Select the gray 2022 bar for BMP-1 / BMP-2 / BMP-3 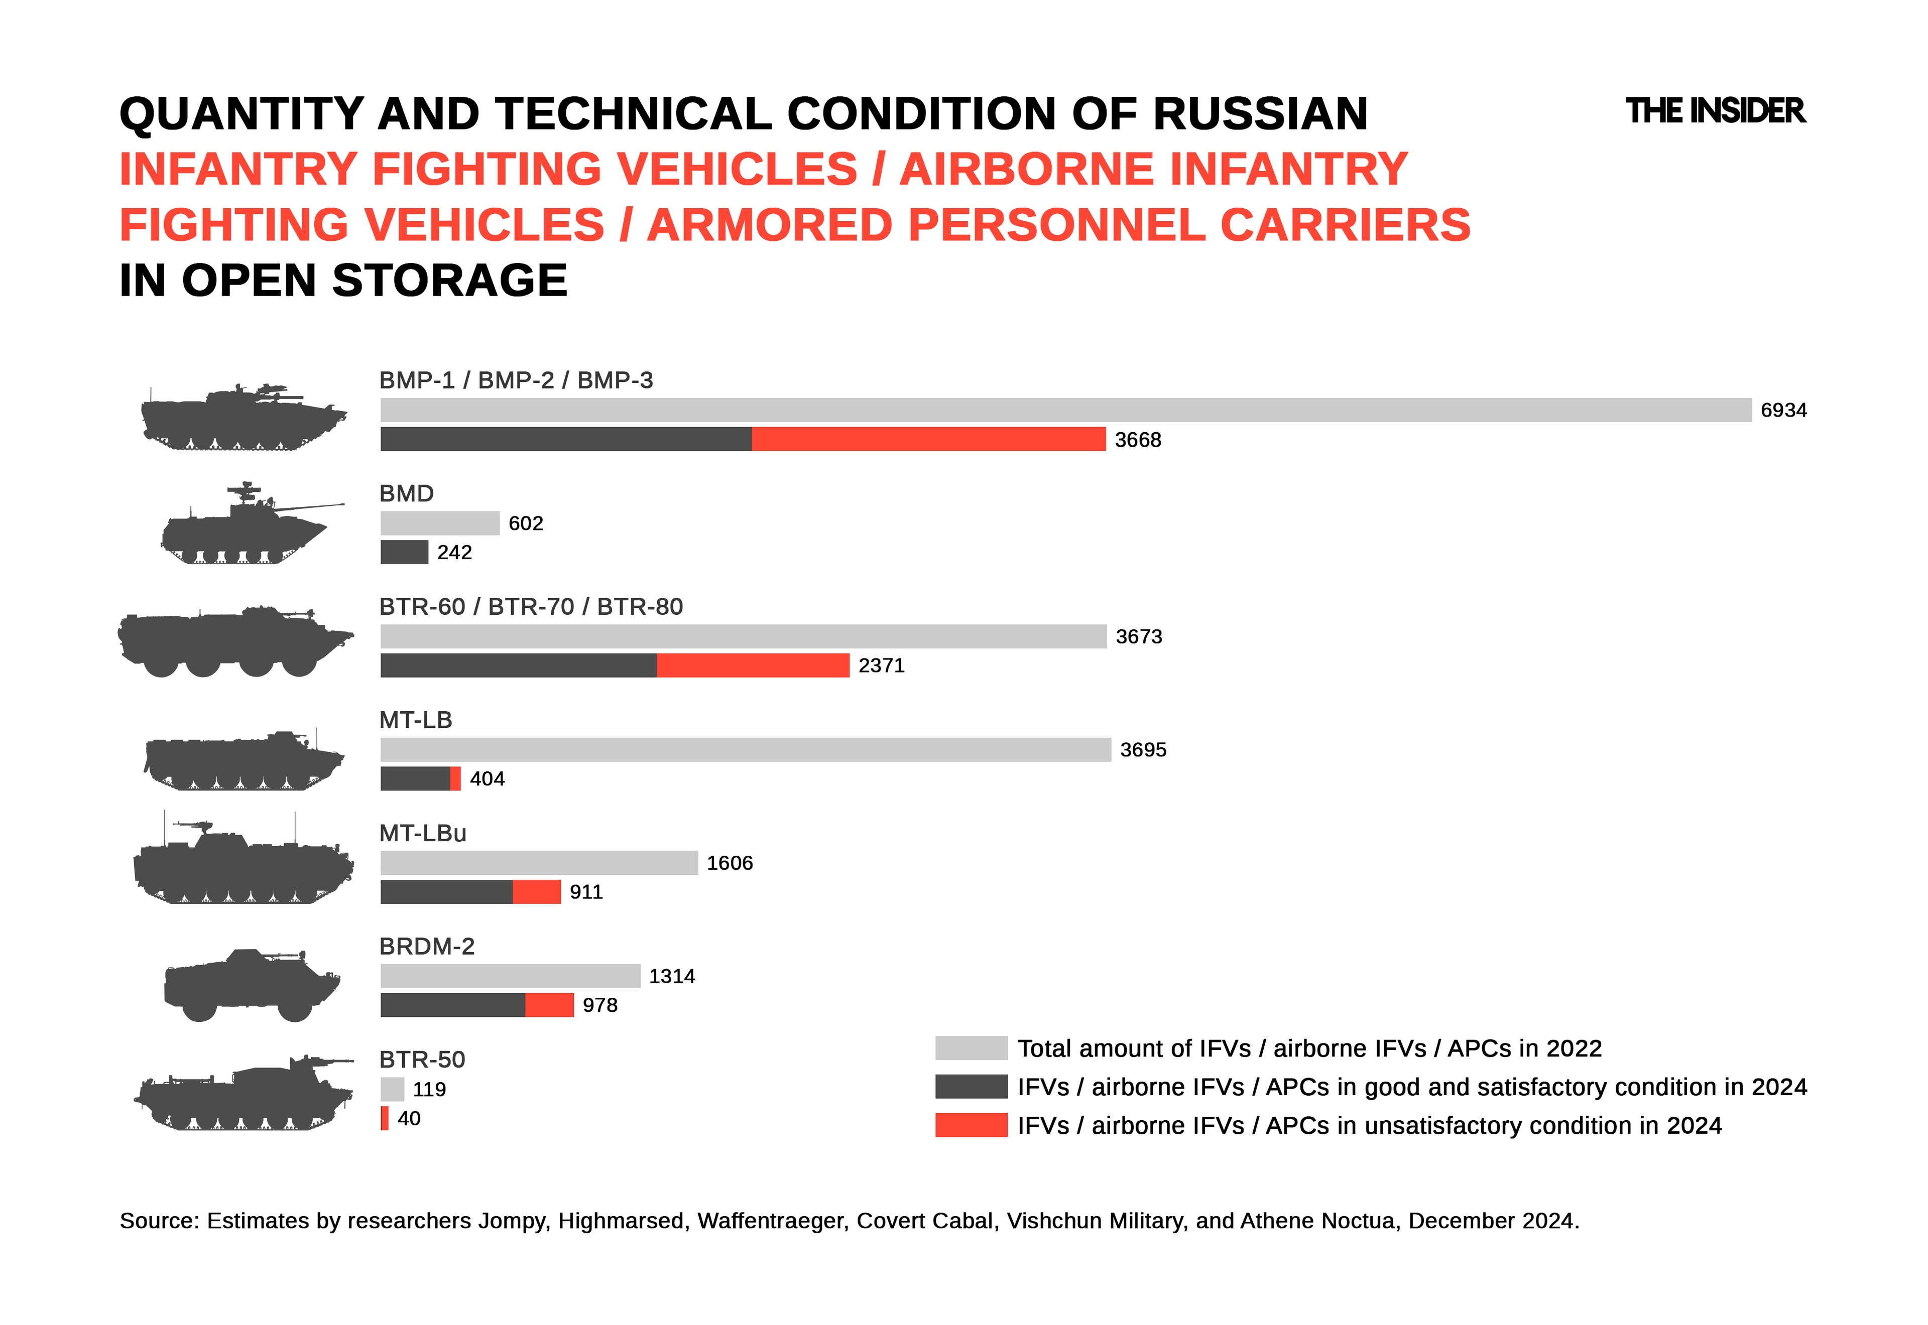point(1065,410)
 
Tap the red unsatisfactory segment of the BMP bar point(928,439)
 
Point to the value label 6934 point(1783,410)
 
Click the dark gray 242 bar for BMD point(404,552)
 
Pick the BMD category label point(406,493)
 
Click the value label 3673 point(1138,637)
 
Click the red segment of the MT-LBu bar point(536,892)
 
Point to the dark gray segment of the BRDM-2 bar point(452,1005)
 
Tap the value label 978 point(599,1005)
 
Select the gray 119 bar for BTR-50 point(392,1089)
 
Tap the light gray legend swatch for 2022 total point(971,1048)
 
